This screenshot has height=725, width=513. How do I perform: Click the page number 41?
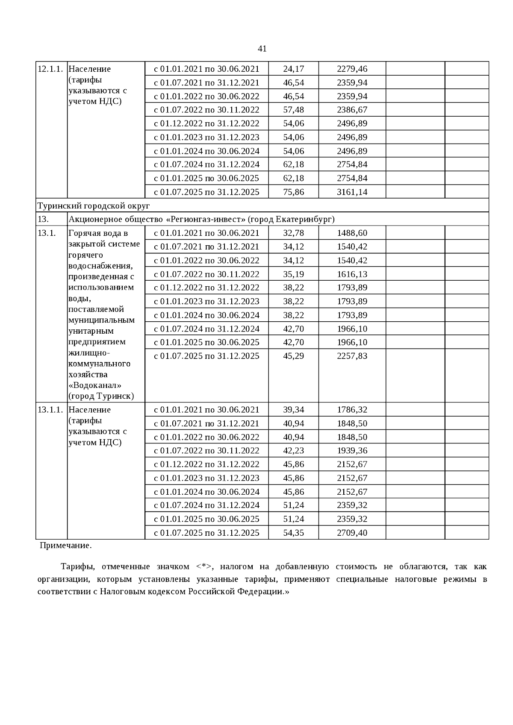click(262, 49)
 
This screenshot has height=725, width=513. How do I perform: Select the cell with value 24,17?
click(293, 69)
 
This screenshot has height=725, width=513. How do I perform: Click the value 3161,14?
click(352, 192)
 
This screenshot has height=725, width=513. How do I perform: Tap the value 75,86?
click(293, 192)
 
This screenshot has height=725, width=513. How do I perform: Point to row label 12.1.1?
click(50, 69)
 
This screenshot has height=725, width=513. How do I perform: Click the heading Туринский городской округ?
click(94, 205)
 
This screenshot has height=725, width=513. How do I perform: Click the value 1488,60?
click(352, 233)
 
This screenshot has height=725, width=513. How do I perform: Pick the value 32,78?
click(293, 233)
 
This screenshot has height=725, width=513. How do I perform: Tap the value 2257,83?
click(352, 356)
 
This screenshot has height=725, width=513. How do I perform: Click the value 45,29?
click(293, 356)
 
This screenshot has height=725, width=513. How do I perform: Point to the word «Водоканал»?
click(94, 385)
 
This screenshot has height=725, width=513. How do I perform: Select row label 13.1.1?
click(50, 410)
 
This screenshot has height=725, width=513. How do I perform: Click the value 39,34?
click(293, 410)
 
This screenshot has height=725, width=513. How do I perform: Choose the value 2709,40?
click(352, 533)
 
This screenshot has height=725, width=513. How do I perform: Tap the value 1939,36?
click(352, 451)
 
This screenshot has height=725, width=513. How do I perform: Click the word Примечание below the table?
click(65, 546)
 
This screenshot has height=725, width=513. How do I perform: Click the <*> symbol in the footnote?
click(204, 567)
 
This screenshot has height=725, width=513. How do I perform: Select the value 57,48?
click(293, 110)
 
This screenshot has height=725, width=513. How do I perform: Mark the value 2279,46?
click(352, 69)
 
